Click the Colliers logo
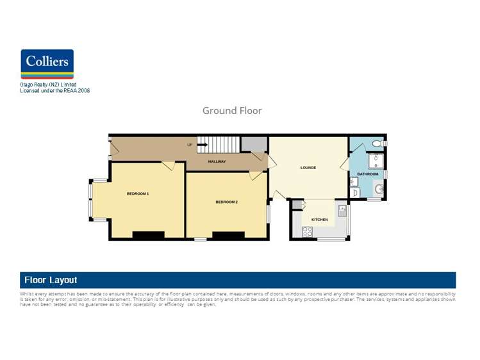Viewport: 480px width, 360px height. click(47, 63)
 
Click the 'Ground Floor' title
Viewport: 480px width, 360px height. click(232, 111)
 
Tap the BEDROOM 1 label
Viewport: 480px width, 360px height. click(138, 193)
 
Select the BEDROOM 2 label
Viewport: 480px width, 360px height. click(226, 202)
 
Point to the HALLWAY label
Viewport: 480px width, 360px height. click(217, 161)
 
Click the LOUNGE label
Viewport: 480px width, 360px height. click(308, 168)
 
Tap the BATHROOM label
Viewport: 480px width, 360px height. click(368, 174)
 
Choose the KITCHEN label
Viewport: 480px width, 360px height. click(319, 220)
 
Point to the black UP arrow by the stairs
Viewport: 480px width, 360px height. click(201, 145)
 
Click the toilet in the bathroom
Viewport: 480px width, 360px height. click(377, 144)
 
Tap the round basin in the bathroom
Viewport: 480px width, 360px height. click(378, 189)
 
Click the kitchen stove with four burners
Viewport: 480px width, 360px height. click(308, 232)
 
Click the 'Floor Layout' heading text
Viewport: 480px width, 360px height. click(51, 280)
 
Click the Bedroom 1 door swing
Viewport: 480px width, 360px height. click(169, 166)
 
